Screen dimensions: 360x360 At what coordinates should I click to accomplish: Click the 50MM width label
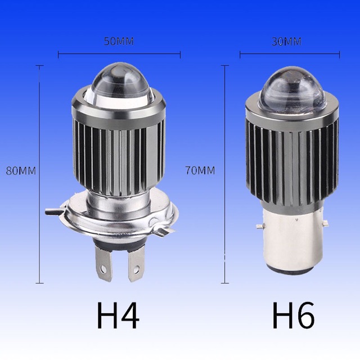pos(119,42)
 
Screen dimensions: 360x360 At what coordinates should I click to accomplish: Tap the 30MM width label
pos(286,42)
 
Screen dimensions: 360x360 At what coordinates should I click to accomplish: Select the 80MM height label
pos(21,171)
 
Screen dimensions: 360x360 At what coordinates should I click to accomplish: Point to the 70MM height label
pos(200,170)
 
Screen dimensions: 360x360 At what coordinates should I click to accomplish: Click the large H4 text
pos(118,316)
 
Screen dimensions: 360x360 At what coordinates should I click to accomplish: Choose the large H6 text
pos(293,316)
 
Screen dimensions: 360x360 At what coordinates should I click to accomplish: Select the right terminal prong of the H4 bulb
pos(136,264)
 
